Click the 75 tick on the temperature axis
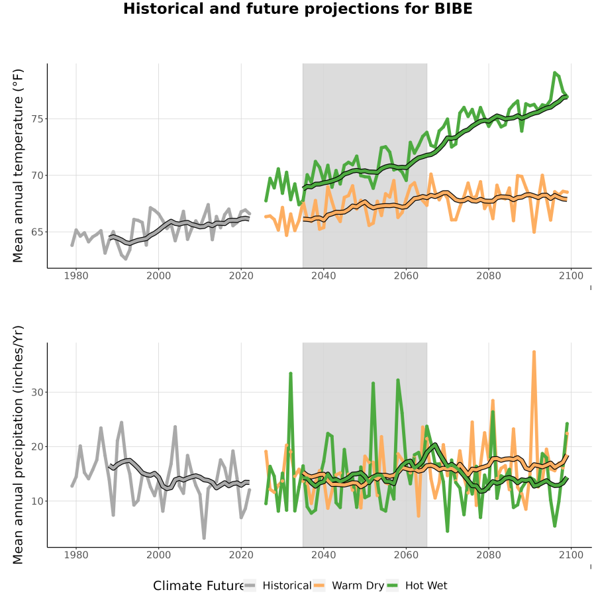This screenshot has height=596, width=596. [37, 119]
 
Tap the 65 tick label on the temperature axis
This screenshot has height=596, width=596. [37, 232]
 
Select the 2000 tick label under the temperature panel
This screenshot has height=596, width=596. [158, 276]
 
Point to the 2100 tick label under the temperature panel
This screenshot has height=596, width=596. [571, 276]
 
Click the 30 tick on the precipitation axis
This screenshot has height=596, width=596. [37, 392]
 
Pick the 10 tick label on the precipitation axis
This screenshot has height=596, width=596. [37, 501]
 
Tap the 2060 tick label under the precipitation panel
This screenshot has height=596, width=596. [406, 555]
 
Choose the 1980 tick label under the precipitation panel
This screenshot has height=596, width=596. [76, 555]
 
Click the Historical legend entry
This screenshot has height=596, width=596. [287, 586]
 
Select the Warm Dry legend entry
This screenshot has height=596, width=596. [358, 586]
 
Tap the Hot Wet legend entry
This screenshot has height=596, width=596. [426, 586]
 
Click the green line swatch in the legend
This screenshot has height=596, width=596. [392, 586]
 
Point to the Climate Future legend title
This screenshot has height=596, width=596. [199, 586]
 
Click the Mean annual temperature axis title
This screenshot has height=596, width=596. [18, 166]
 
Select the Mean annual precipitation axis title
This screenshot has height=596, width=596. [18, 445]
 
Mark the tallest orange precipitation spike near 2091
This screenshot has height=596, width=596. [534, 352]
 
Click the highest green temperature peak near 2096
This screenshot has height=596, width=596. [555, 73]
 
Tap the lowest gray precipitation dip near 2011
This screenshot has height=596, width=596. [204, 538]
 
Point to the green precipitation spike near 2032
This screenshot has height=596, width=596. [291, 373]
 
